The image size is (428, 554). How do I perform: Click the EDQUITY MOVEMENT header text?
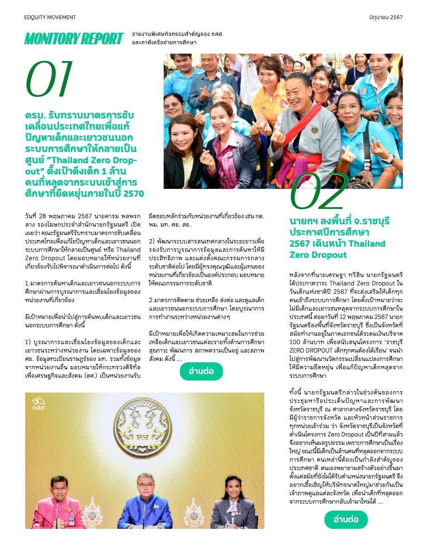[50, 17]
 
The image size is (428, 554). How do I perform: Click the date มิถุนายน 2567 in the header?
[386, 17]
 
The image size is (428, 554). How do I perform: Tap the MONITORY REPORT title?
[74, 39]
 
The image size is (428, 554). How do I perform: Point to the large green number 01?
[49, 77]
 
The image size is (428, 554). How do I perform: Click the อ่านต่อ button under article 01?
[201, 371]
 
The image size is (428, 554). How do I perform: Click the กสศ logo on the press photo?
[38, 403]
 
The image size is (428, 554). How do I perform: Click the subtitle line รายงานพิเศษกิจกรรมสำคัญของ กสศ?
[178, 35]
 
